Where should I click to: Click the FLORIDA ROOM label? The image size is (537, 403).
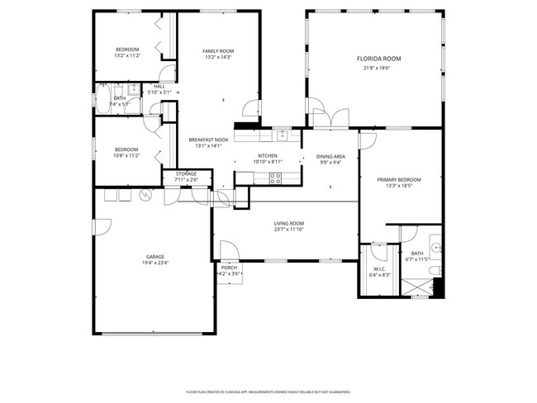point(378,59)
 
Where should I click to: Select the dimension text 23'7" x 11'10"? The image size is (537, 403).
point(289,230)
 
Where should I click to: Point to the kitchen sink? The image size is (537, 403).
point(282,134)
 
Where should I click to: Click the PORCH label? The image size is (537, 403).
point(229,268)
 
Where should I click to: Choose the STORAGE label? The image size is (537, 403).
point(186,173)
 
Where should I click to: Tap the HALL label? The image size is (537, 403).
point(159,87)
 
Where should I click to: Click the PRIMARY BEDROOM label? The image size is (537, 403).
point(399,179)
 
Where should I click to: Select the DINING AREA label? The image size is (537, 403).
point(330,156)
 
